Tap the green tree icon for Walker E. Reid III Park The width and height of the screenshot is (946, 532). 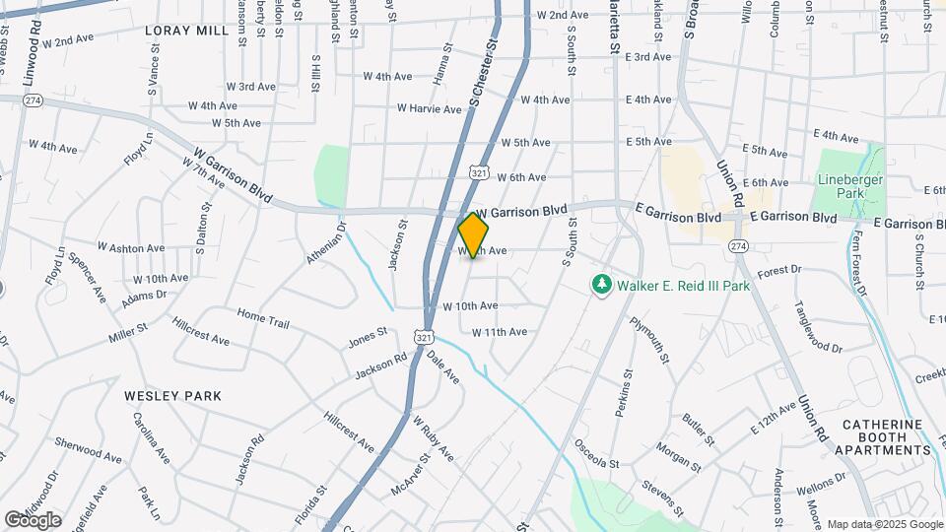pyautogui.click(x=601, y=285)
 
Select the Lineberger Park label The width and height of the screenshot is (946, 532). pyautogui.click(x=850, y=186)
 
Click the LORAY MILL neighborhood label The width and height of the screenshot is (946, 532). pyautogui.click(x=186, y=31)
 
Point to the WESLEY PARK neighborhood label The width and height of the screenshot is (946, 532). pyautogui.click(x=172, y=395)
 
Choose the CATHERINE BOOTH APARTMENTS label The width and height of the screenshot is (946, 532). pyautogui.click(x=883, y=436)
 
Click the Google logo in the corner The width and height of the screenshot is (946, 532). pyautogui.click(x=33, y=520)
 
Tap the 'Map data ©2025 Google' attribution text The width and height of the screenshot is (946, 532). pyautogui.click(x=885, y=524)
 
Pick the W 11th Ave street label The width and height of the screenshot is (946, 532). pyautogui.click(x=500, y=332)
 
